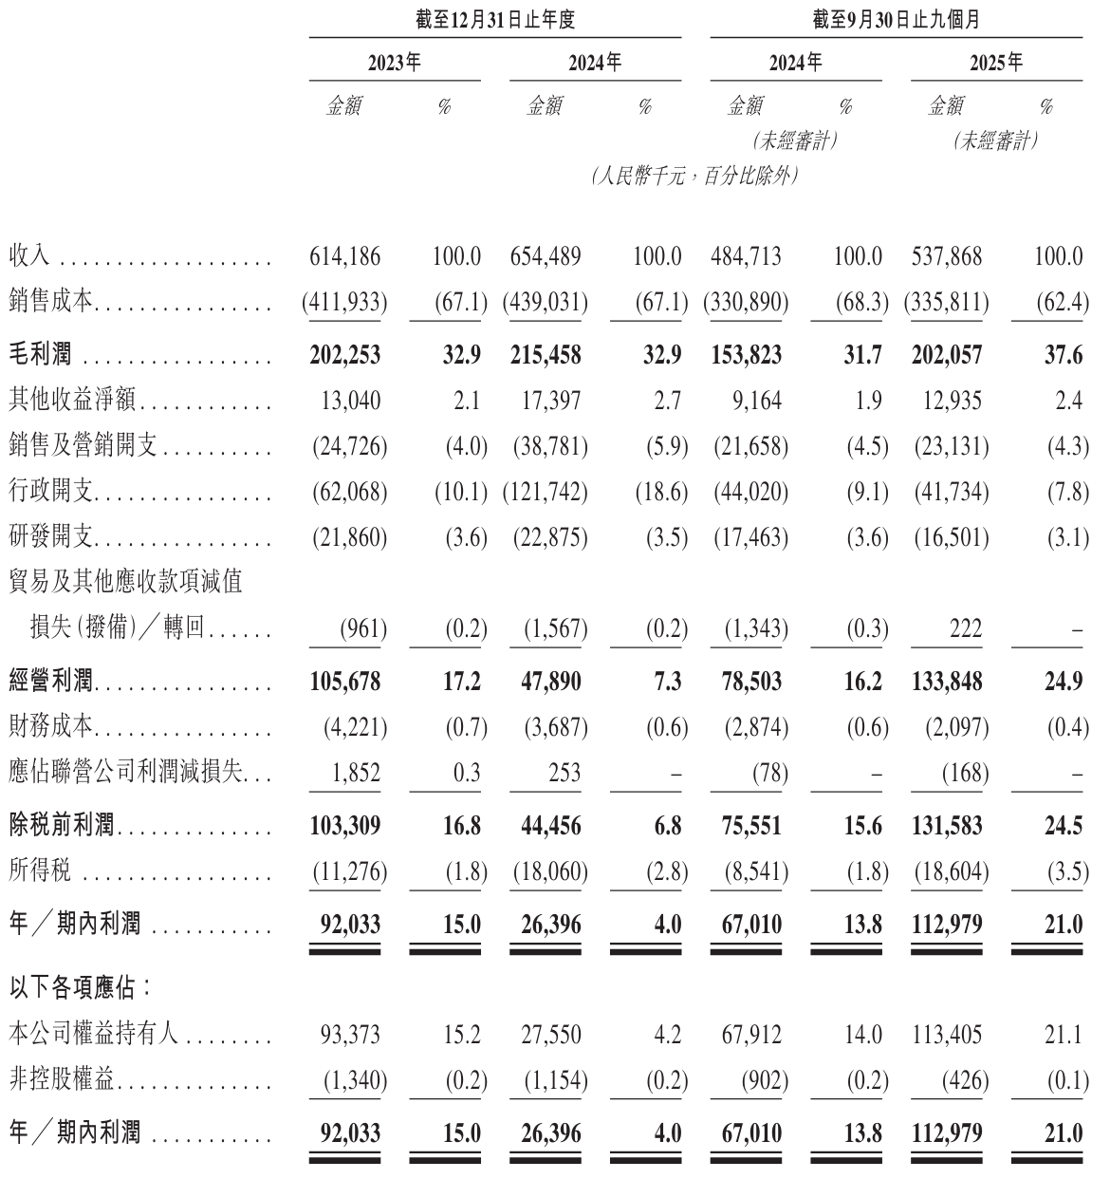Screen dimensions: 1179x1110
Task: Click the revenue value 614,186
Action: pos(345,256)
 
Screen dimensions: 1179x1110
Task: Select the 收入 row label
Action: pos(29,256)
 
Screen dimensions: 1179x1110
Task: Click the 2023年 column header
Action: pos(394,64)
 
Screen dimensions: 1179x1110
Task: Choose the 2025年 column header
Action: pos(996,64)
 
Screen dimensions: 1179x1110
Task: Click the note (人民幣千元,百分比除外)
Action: pos(694,177)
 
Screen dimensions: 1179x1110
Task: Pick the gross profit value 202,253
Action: pos(345,355)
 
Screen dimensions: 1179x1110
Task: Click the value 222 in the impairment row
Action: pos(964,628)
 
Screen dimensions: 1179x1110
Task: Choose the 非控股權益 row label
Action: pos(65,1080)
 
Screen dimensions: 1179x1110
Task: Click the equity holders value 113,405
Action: pos(947,1033)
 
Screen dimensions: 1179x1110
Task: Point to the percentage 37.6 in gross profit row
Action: pos(1063,355)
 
